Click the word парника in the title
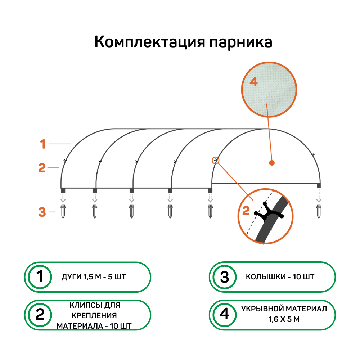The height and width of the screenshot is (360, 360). point(240,42)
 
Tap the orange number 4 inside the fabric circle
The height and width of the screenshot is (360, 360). point(254,82)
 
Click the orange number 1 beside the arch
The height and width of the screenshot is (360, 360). point(43,144)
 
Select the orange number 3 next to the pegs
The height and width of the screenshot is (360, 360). point(42,212)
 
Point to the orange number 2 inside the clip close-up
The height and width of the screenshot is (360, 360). point(246,211)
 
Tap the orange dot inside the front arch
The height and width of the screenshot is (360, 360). point(272,163)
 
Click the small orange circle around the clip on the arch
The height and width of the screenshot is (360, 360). point(216,160)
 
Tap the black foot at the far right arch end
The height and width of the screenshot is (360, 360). point(319,185)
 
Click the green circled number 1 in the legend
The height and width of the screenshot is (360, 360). point(40,277)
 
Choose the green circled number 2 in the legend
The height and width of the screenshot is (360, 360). point(40,315)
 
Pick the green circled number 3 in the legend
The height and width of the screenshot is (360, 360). point(224,277)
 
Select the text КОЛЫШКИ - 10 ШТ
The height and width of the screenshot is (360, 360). point(280,277)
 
